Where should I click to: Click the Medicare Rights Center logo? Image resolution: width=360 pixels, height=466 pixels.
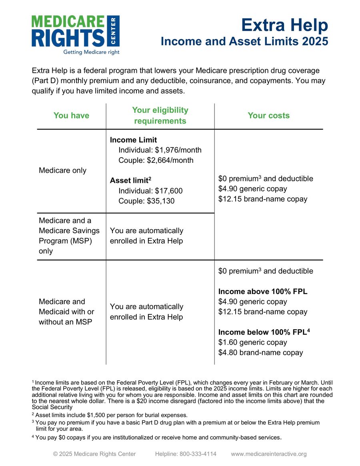[x=75, y=31]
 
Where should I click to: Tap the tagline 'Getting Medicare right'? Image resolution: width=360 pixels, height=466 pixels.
[x=91, y=52]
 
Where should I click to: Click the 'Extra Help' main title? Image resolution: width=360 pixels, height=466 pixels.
[x=284, y=25]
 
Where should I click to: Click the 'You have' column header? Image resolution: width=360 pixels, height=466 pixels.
[x=71, y=116]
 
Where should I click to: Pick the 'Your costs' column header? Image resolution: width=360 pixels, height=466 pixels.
[x=268, y=116]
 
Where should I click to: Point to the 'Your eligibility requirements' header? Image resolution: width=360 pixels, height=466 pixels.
[x=160, y=116]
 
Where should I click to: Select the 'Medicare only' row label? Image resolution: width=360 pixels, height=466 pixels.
[x=62, y=170]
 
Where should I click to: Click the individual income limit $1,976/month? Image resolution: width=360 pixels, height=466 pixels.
[x=178, y=150]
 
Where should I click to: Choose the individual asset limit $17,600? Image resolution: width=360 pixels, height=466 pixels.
[x=168, y=191]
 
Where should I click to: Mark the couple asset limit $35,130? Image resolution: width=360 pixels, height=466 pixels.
[x=164, y=201]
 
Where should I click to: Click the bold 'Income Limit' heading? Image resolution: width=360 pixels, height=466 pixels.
[x=133, y=140]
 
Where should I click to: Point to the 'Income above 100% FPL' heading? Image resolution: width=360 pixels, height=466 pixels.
[x=262, y=292]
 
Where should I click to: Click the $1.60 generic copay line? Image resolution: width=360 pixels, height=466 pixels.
[x=252, y=342]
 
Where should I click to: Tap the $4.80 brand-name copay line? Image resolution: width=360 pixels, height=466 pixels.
[x=260, y=353]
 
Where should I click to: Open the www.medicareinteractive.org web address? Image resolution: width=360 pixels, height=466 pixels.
[x=269, y=454]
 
